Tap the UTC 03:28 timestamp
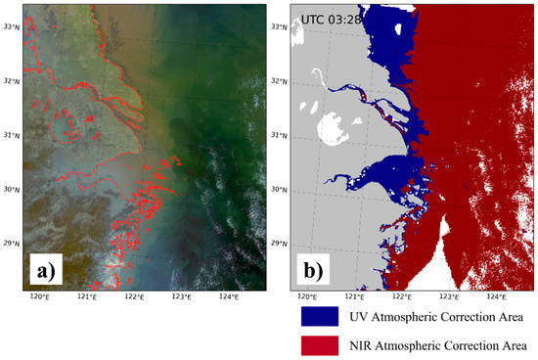[x=331, y=19]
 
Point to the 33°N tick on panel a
[x=11, y=26]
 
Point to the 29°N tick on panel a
[x=11, y=244]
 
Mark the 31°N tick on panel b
[x=279, y=135]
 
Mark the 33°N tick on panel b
[x=279, y=26]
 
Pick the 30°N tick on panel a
[x=11, y=190]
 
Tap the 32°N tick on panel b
[x=279, y=81]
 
